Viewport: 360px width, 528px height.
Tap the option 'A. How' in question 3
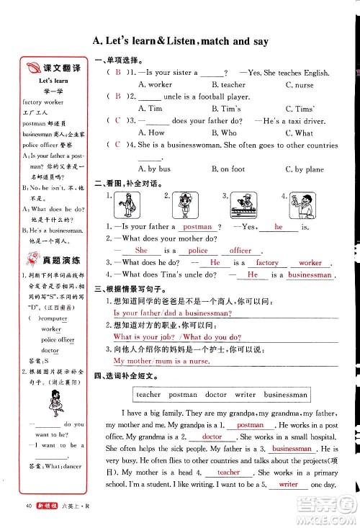tap(150, 133)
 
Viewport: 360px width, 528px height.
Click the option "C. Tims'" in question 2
tap(300, 109)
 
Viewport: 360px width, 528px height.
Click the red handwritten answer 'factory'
tap(267, 263)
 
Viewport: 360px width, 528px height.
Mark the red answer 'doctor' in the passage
tap(212, 437)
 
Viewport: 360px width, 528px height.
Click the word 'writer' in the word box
tap(245, 395)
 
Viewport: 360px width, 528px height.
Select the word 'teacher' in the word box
tap(148, 395)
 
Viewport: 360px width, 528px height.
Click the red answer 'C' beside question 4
tap(117, 145)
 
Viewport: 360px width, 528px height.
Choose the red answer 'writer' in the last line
tap(288, 484)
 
